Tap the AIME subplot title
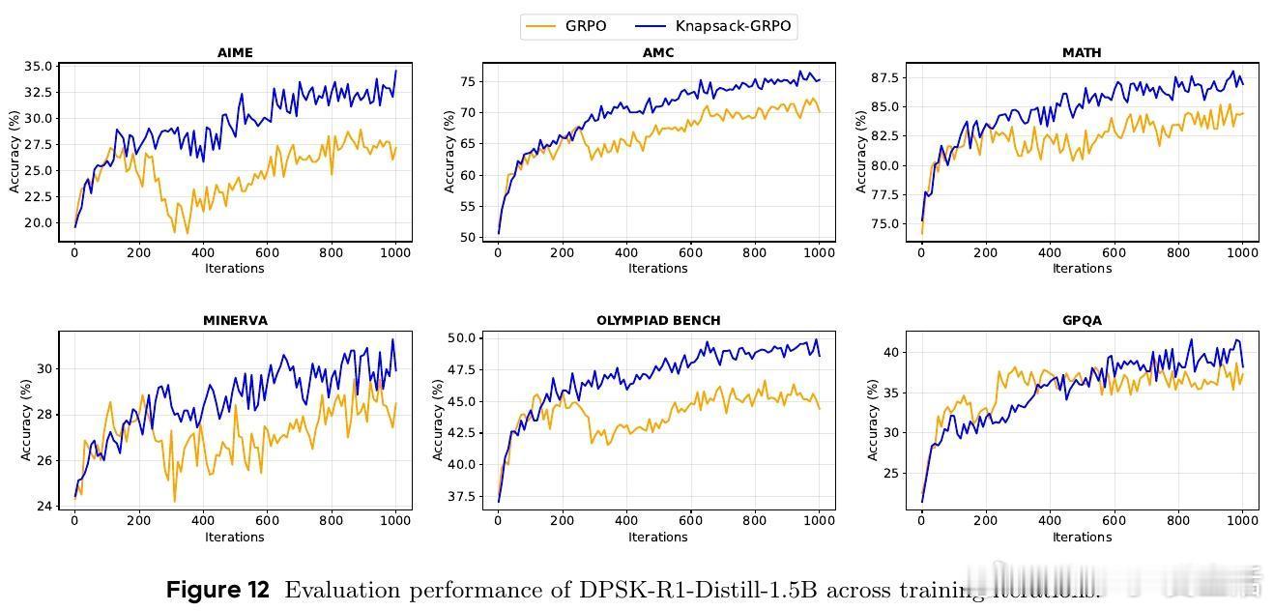click(x=235, y=52)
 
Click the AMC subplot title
click(x=658, y=52)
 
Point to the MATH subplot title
click(x=1082, y=52)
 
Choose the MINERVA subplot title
click(x=235, y=320)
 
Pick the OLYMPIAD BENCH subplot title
click(x=658, y=320)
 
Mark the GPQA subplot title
click(x=1082, y=320)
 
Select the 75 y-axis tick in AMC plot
click(x=468, y=81)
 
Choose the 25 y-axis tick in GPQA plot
click(x=891, y=473)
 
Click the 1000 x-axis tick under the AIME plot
click(x=394, y=253)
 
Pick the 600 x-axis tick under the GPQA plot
click(x=1114, y=521)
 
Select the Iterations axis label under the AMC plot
click(x=658, y=268)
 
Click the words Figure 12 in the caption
click(x=217, y=590)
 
